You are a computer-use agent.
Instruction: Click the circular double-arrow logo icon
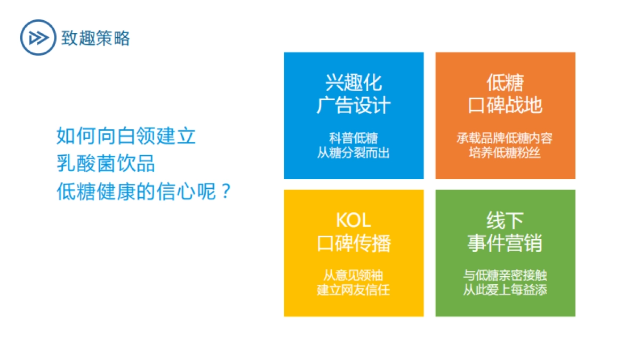click(38, 37)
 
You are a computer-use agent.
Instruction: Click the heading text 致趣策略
click(95, 38)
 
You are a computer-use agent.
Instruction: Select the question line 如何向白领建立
click(126, 136)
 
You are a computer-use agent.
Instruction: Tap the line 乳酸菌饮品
click(106, 164)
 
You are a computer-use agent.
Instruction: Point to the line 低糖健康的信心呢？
click(144, 191)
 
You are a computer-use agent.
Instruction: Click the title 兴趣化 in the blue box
click(354, 83)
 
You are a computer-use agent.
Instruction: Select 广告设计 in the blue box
click(354, 105)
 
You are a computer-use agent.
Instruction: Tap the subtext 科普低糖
click(354, 138)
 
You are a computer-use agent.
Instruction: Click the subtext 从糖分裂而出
click(354, 153)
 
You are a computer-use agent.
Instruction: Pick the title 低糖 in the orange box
click(505, 83)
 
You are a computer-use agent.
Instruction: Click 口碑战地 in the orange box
click(505, 105)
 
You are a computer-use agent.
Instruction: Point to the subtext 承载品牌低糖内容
click(505, 138)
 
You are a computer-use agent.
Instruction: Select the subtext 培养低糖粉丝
click(505, 153)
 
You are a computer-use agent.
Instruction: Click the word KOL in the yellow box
click(354, 220)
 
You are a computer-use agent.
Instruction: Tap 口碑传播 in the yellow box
click(354, 243)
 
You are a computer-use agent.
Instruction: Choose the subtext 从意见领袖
click(354, 276)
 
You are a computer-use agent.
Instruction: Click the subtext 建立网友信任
click(354, 291)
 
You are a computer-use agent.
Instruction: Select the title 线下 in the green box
click(505, 220)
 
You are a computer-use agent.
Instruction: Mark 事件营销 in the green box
click(505, 243)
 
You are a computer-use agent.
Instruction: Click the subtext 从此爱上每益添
click(505, 291)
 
